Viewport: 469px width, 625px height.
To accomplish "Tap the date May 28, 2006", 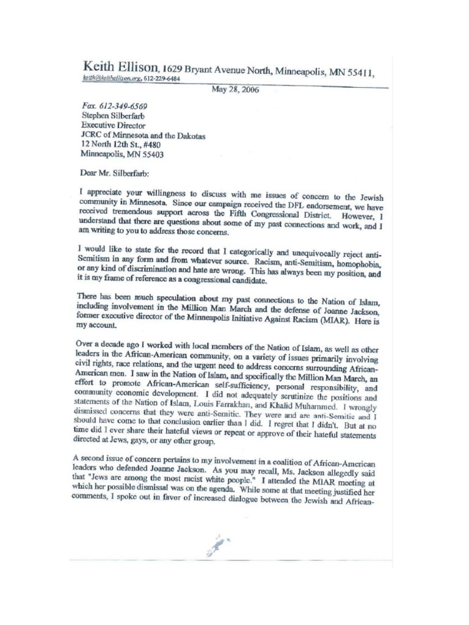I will [x=234, y=89].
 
